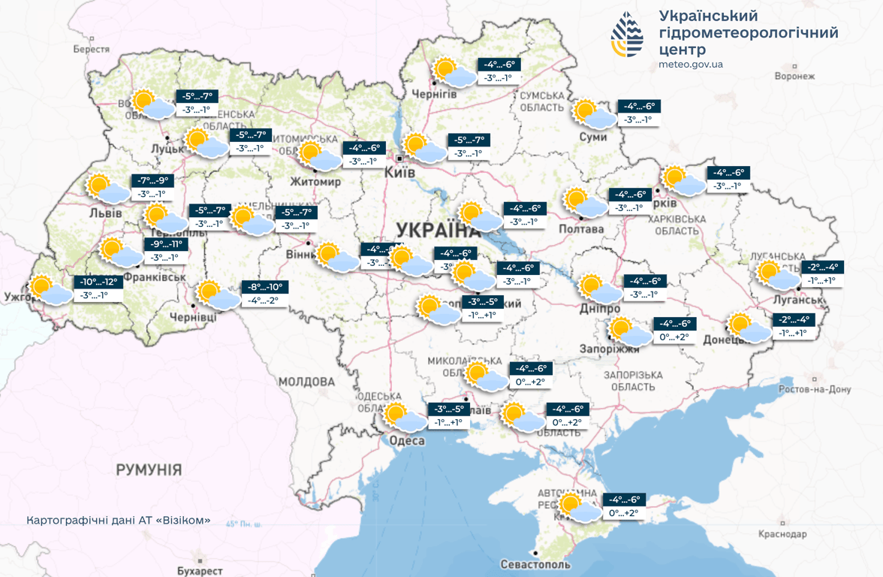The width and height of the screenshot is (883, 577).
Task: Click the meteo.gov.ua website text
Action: [691, 65]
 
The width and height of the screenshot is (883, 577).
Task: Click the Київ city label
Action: [399, 172]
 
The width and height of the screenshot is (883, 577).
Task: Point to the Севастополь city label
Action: [535, 564]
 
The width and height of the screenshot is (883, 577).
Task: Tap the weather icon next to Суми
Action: [593, 113]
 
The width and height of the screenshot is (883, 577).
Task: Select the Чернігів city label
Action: [434, 94]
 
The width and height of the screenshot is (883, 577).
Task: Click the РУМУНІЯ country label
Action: [149, 470]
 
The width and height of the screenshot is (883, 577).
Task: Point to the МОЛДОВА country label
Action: [306, 382]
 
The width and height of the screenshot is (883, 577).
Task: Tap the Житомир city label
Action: [315, 182]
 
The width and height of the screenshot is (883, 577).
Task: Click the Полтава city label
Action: [581, 229]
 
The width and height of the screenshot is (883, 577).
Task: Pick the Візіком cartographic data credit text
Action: [118, 520]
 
